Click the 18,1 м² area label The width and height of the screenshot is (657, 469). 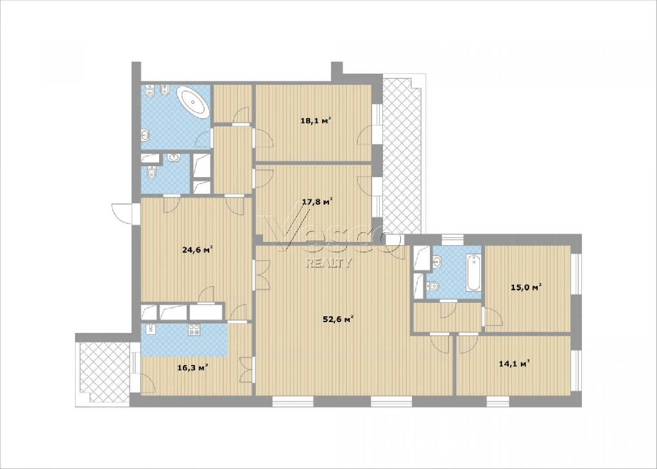point(316,121)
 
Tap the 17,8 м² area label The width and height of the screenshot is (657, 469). point(317,201)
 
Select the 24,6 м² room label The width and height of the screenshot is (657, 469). point(198,250)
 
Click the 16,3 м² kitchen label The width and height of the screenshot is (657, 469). point(193,368)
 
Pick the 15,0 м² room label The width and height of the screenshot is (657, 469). point(526,287)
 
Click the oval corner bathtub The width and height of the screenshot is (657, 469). point(193,102)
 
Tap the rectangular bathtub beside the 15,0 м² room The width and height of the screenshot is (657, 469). point(474,273)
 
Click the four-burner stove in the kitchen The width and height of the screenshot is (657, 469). point(194,329)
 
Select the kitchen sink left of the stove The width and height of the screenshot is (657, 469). point(151,329)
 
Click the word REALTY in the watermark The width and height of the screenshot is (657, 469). point(330,263)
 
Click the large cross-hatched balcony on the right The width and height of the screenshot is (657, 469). point(402,154)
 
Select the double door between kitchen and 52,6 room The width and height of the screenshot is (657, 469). point(247,370)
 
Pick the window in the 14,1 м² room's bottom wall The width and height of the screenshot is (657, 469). point(498,401)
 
